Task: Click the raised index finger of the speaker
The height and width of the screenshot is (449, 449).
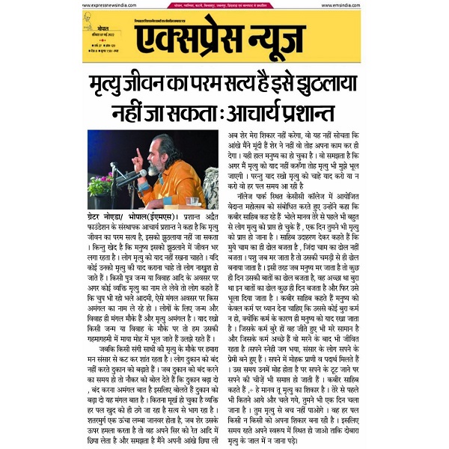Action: coord(136,153)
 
